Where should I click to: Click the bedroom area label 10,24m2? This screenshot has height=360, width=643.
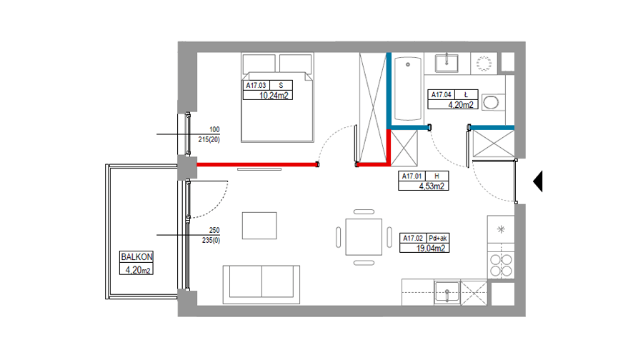(274, 96)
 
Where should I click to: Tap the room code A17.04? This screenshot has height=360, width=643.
(442, 95)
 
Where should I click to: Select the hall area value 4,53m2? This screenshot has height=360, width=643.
(432, 186)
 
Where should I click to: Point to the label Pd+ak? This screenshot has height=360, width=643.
(437, 239)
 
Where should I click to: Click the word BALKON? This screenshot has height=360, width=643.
(136, 257)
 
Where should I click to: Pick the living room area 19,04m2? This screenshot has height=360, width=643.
(431, 248)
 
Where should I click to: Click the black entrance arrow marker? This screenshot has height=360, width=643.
(537, 181)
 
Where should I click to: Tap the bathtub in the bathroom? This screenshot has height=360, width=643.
(408, 88)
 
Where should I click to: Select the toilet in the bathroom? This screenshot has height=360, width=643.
(492, 103)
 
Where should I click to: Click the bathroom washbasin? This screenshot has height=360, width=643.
(447, 63)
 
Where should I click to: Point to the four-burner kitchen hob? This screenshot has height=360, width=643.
(501, 265)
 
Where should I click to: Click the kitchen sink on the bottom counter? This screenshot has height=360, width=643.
(447, 293)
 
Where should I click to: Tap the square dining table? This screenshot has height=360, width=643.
(364, 237)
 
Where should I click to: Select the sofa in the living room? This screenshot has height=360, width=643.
(261, 284)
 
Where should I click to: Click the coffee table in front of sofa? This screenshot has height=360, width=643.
(259, 226)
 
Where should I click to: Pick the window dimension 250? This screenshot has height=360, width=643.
(214, 231)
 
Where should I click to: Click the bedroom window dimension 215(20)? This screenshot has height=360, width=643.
(209, 140)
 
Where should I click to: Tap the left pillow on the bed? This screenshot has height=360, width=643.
(259, 64)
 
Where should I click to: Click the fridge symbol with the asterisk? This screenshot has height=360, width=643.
(501, 229)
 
